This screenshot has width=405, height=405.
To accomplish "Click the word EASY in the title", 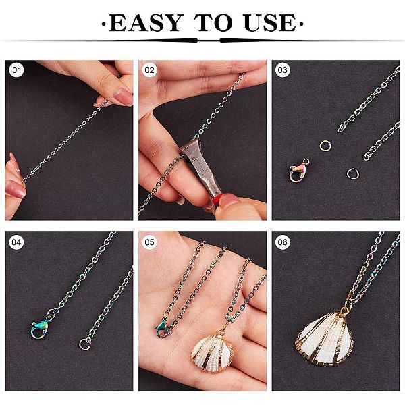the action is click(x=146, y=23).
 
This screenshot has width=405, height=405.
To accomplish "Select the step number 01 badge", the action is click(x=16, y=70).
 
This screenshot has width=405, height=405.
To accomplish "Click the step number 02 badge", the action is click(x=149, y=70).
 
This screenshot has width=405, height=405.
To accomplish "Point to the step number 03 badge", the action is click(x=282, y=70).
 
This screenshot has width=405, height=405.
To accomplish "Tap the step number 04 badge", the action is click(x=16, y=242).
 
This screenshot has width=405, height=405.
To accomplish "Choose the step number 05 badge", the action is click(x=149, y=242).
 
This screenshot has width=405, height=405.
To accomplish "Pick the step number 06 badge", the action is click(x=282, y=242).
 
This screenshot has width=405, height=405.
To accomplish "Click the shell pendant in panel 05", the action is click(x=213, y=352).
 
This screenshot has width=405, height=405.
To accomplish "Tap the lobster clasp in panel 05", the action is click(x=162, y=328).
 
